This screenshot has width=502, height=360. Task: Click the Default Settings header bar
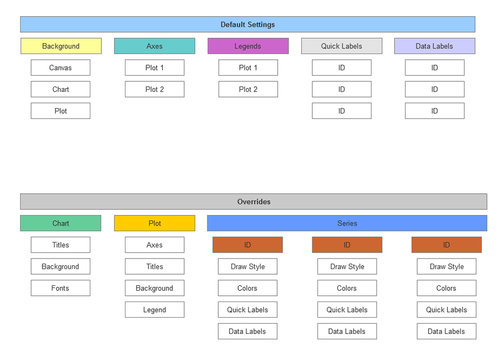click(x=248, y=25)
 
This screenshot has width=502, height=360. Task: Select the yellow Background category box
click(x=61, y=46)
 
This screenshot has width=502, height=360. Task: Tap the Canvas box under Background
click(x=60, y=68)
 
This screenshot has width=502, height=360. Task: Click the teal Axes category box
click(x=155, y=46)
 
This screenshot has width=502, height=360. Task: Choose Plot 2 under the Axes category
click(x=155, y=89)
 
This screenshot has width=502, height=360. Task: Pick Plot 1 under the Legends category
click(x=248, y=68)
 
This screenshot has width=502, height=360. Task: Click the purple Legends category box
click(x=248, y=46)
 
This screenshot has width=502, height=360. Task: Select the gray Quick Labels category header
click(x=341, y=46)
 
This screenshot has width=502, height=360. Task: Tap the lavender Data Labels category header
click(x=435, y=46)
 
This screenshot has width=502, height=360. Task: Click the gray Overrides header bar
click(x=253, y=202)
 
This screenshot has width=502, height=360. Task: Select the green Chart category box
click(x=61, y=223)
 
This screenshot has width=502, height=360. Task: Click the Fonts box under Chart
click(x=60, y=288)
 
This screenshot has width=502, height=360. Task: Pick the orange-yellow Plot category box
click(x=155, y=223)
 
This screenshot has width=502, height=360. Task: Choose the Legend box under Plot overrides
click(x=155, y=310)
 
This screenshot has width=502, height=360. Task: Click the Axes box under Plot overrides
click(x=155, y=245)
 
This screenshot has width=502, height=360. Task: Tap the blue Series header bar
click(x=347, y=223)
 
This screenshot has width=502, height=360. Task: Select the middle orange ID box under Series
click(x=347, y=245)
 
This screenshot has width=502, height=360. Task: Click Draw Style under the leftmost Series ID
click(x=248, y=266)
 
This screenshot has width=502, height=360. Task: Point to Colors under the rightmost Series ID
click(x=446, y=288)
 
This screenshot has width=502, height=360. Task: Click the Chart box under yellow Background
click(x=60, y=89)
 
